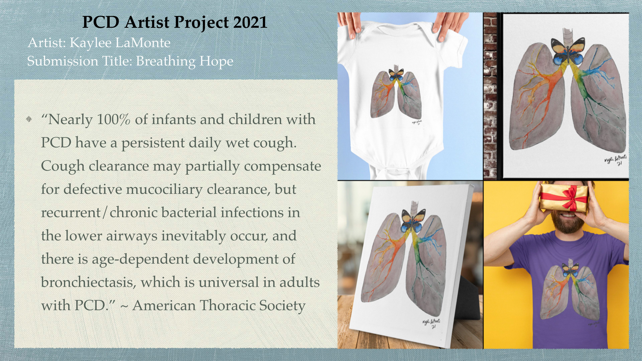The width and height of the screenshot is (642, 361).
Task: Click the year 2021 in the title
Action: [x=250, y=22]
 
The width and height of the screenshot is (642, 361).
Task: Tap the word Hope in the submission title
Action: [x=216, y=62]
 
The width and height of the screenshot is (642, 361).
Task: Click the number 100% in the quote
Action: [x=113, y=119]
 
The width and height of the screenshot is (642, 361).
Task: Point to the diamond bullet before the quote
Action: [x=29, y=119]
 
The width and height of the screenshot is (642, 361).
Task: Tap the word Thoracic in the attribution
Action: [x=227, y=306]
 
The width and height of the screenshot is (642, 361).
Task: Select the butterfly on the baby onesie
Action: [x=396, y=74]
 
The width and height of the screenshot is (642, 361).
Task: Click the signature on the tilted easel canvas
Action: [x=432, y=323]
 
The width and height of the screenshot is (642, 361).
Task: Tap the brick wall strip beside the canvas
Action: [x=490, y=96]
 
